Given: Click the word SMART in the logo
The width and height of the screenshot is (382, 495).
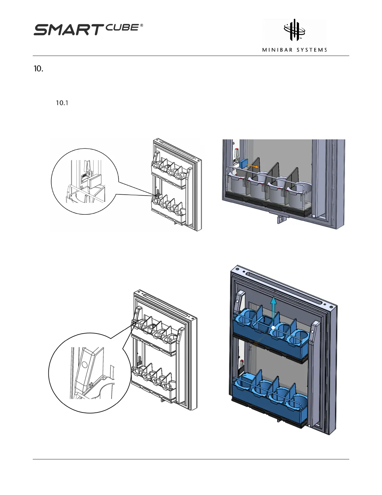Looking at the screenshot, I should (x=67, y=30).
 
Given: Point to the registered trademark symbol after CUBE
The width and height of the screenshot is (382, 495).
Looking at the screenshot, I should (x=142, y=26).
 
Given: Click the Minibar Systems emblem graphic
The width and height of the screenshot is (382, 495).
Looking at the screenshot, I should (x=294, y=30).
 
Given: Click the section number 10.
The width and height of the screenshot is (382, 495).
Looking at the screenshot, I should (x=38, y=69).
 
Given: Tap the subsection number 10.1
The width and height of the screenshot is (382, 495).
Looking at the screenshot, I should (x=62, y=103).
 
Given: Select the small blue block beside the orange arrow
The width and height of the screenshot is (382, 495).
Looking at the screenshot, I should (x=244, y=163).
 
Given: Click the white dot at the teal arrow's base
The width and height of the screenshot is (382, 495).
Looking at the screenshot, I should (x=273, y=327).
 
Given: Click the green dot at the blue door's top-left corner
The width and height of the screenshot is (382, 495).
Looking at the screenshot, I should (x=238, y=269).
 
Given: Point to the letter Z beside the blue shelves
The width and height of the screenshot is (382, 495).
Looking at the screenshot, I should (x=250, y=348).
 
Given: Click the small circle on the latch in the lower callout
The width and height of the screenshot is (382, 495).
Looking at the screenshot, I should (x=84, y=365).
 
